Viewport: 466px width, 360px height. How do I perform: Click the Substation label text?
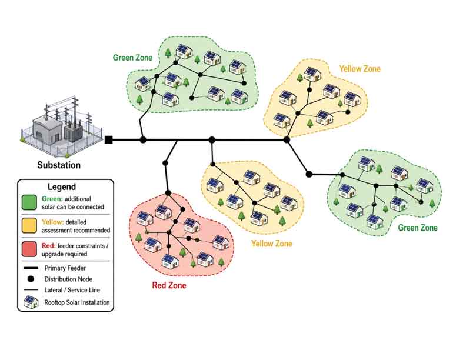click(59, 165)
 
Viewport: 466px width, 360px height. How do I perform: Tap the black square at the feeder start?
click(109, 140)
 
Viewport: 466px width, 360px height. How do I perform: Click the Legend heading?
click(62, 187)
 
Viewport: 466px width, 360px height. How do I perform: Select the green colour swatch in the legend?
click(29, 202)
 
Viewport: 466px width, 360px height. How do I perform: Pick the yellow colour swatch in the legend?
click(29, 226)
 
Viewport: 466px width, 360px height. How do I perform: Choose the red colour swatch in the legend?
click(29, 249)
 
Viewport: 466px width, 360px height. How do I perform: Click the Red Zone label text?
click(169, 285)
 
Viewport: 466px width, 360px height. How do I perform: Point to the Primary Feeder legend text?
click(65, 268)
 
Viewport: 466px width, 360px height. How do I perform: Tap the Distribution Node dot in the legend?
click(31, 279)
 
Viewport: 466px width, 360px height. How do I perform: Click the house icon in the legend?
click(31, 302)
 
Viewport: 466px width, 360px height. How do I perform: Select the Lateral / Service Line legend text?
click(72, 290)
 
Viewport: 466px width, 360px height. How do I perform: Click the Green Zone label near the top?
click(132, 58)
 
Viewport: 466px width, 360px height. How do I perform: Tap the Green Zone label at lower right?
click(418, 228)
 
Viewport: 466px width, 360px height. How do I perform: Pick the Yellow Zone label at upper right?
click(360, 69)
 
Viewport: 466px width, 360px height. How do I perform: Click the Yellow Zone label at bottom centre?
click(272, 244)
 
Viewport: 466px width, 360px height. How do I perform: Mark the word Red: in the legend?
click(49, 246)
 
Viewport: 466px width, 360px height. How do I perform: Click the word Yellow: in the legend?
click(53, 222)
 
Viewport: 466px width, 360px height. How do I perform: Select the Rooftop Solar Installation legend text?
click(77, 302)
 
